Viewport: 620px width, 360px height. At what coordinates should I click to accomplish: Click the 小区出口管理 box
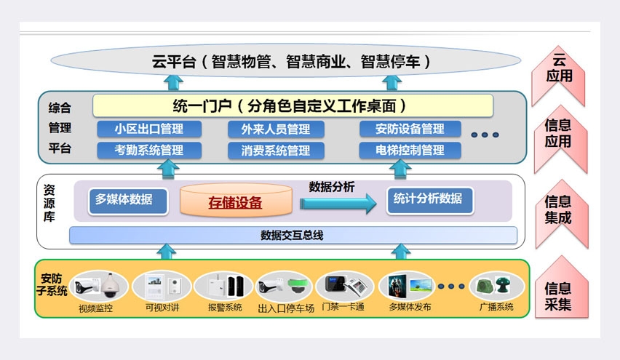click(148, 129)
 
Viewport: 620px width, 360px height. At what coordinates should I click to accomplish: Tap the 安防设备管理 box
click(410, 129)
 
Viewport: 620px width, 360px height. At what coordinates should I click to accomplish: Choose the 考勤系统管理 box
click(148, 151)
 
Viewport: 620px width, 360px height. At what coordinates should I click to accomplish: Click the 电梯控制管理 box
click(410, 151)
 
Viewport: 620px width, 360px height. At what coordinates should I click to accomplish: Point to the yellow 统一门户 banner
click(293, 105)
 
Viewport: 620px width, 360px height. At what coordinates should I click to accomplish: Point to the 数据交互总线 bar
click(293, 235)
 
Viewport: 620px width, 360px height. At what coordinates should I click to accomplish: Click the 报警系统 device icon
click(223, 286)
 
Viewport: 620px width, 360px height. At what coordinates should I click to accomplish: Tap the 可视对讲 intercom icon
click(162, 286)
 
